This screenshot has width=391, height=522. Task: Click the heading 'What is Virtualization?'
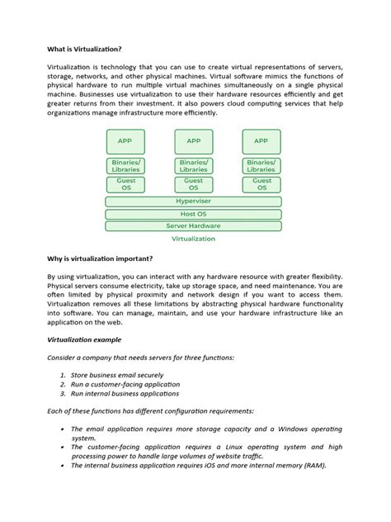(84, 49)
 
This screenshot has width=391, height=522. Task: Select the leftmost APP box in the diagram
(125, 141)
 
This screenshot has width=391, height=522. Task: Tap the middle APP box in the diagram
(193, 141)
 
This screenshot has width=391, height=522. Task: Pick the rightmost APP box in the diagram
(261, 141)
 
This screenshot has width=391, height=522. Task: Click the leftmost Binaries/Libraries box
(125, 166)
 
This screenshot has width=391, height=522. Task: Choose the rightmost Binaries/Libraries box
(261, 166)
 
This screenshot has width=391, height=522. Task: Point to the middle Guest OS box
(193, 184)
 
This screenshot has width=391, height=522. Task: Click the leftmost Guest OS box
(125, 184)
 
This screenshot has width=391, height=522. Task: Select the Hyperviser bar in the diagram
(193, 201)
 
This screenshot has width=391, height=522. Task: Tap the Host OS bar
(193, 213)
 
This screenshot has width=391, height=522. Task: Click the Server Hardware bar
(193, 225)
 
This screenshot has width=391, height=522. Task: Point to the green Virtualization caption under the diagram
(193, 239)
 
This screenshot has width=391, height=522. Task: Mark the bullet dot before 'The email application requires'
(64, 429)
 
